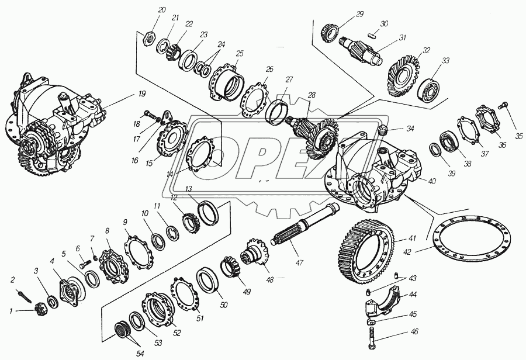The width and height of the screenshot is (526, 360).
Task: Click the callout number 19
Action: pyautogui.click(x=142, y=94)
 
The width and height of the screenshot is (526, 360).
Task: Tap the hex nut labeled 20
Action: pyautogui.click(x=148, y=39)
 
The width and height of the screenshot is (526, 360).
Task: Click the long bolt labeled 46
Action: pyautogui.click(x=373, y=338)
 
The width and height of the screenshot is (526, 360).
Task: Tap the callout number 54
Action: pyautogui.click(x=140, y=354)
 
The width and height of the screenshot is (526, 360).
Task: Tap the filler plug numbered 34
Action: pyautogui.click(x=382, y=130)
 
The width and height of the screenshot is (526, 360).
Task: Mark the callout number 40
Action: pyautogui.click(x=432, y=181)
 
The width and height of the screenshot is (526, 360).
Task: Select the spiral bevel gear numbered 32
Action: pyautogui.click(x=404, y=77)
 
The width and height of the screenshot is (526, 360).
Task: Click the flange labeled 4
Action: pyautogui.click(x=69, y=291)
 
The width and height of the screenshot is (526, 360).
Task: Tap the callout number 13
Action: pyautogui.click(x=189, y=188)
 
